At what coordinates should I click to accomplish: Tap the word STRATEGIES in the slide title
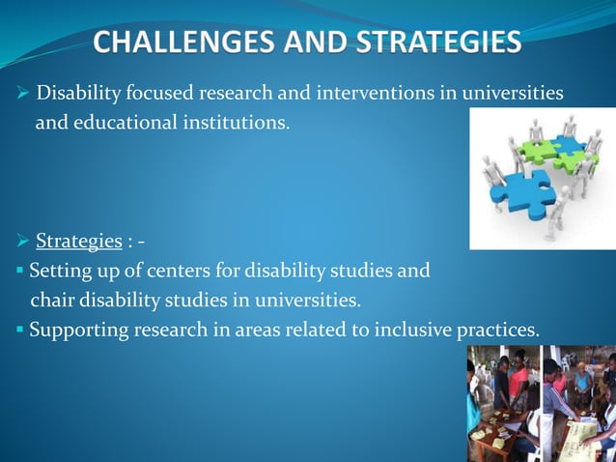437,43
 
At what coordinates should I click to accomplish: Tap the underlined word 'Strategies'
78,240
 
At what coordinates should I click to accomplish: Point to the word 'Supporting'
73,330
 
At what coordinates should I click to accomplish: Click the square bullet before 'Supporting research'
19,331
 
